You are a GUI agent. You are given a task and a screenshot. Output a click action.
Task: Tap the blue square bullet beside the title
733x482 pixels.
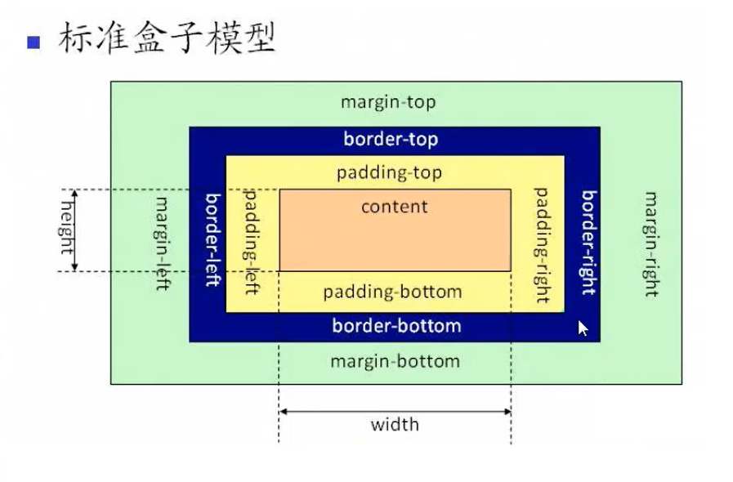click(34, 42)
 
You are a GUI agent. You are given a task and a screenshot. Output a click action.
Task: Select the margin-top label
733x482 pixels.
click(388, 102)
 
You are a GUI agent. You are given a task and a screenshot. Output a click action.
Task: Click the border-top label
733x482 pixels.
click(391, 140)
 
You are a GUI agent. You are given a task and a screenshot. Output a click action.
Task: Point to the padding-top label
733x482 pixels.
click(389, 173)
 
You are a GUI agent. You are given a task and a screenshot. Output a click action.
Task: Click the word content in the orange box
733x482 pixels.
click(395, 206)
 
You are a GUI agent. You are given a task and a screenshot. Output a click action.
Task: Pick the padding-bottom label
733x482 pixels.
click(392, 292)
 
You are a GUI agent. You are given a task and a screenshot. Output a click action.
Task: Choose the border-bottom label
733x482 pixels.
click(396, 326)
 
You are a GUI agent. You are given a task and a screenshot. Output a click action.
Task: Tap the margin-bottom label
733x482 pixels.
click(395, 360)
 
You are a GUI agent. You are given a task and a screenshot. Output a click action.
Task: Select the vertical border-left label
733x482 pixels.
click(212, 239)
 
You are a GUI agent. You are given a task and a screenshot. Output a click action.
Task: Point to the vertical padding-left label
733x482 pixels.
click(252, 242)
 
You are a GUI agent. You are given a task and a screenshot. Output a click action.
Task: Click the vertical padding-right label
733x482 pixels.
click(540, 245)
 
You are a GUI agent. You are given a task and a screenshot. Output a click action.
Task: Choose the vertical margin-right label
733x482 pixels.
click(651, 243)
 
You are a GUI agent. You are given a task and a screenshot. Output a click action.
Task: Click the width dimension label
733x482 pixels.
click(395, 424)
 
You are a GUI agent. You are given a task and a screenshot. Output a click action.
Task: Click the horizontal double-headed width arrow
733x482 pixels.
click(395, 411)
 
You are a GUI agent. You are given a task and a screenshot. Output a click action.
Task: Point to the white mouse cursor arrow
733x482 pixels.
click(583, 328)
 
